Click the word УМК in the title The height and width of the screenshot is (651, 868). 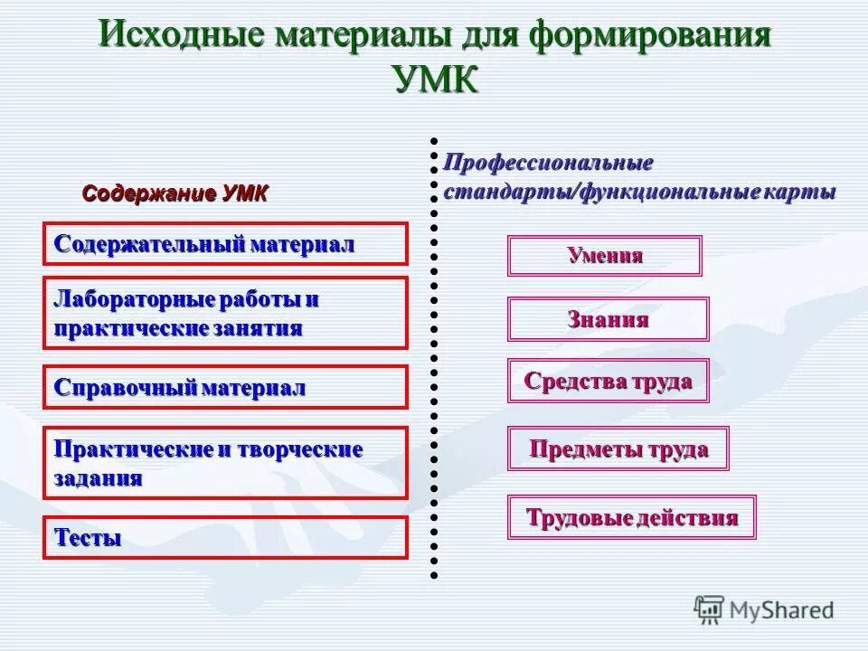tap(436, 79)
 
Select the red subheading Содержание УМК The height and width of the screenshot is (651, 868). tap(175, 193)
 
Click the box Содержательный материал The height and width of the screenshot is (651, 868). tap(225, 244)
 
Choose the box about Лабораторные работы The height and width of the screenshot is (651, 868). tap(225, 313)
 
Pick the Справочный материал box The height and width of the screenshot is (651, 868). tap(225, 388)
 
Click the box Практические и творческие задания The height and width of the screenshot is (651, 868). tap(225, 463)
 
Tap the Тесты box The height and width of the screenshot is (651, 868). tap(225, 538)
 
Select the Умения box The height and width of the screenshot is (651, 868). tap(604, 256)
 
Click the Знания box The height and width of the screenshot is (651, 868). tap(608, 319)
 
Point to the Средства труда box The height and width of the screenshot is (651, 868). tap(608, 381)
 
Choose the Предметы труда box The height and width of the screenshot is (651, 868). tap(618, 448)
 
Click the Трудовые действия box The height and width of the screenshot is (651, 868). tap(631, 518)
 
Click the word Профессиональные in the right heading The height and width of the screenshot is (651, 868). tap(548, 164)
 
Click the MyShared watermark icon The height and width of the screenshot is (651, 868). tap(710, 610)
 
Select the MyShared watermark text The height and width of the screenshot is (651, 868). tap(783, 611)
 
